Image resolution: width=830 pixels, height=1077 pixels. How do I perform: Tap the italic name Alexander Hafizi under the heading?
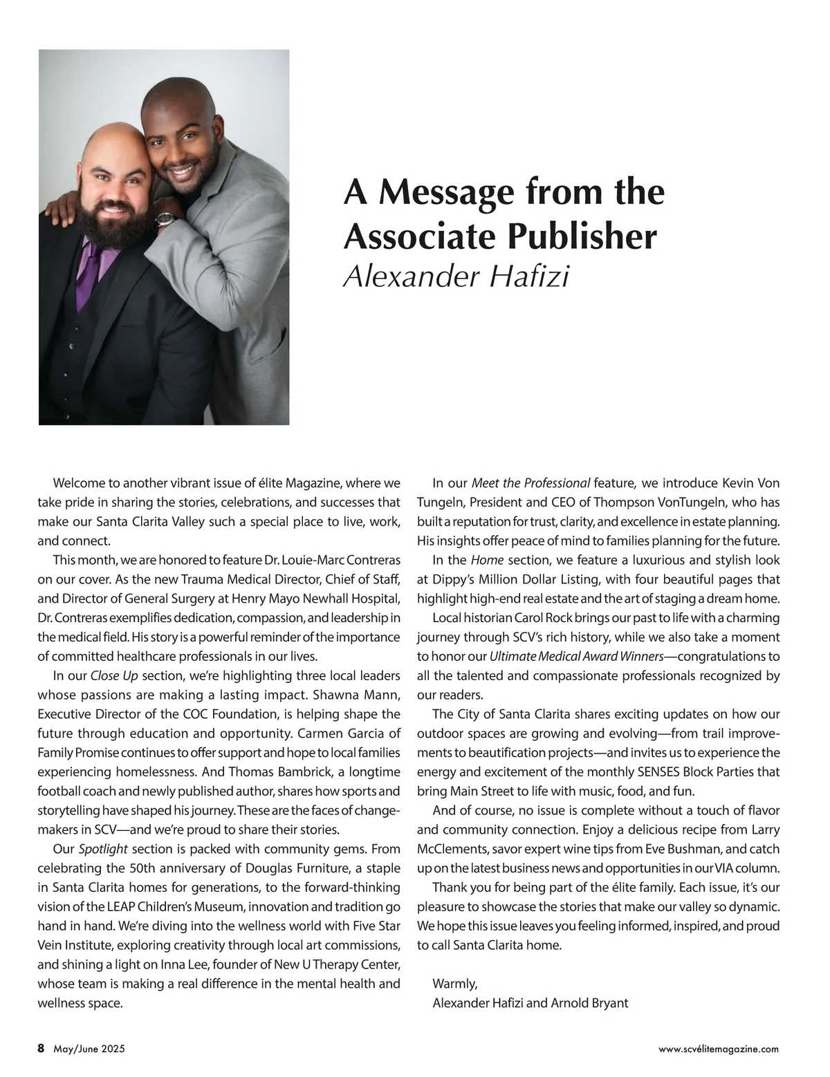point(456,277)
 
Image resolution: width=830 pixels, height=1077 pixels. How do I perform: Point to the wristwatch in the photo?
point(165,220)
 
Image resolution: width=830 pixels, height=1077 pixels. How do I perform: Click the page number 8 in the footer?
point(41,1049)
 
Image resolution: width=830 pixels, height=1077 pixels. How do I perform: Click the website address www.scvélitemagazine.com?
point(718,1049)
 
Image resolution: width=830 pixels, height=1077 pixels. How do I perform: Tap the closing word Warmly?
point(454,983)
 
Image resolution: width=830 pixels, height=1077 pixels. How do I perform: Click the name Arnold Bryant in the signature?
point(589,1002)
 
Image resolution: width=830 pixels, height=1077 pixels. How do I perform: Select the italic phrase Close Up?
point(114,675)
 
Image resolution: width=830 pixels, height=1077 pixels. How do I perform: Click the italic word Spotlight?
point(103,848)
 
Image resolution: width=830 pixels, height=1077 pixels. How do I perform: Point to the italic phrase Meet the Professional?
point(531,483)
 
